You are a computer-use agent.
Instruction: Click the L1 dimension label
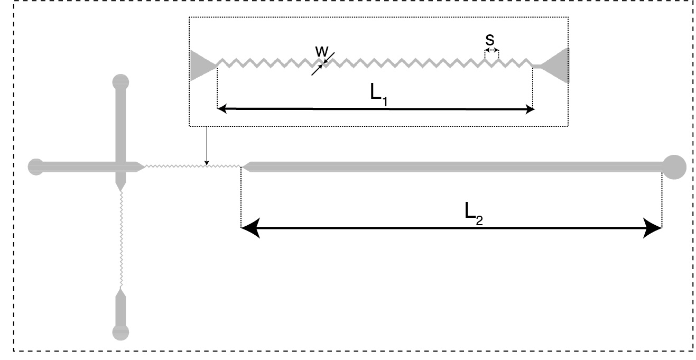[379, 96]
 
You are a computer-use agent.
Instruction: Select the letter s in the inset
[491, 39]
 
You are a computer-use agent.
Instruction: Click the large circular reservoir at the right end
[674, 167]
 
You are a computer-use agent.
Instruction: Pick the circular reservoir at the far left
[35, 167]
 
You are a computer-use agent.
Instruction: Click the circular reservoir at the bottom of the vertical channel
[120, 332]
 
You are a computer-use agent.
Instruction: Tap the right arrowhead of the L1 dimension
[530, 109]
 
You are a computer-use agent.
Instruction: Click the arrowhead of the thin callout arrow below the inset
[207, 161]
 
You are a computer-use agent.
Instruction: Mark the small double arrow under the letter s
[491, 50]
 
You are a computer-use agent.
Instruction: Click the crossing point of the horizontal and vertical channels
[120, 167]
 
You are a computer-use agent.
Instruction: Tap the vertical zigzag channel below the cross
[122, 238]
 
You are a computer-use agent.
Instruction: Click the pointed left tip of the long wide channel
[244, 167]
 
